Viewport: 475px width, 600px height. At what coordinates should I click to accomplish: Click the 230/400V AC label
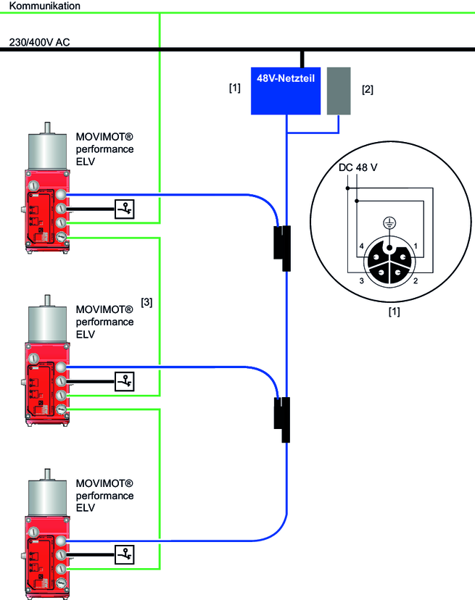pyautogui.click(x=40, y=41)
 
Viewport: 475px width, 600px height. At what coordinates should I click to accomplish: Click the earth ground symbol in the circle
pyautogui.click(x=389, y=225)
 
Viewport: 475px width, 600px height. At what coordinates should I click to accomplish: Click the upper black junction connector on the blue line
pyautogui.click(x=283, y=242)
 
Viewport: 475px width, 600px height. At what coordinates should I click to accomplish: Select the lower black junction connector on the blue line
pyautogui.click(x=283, y=418)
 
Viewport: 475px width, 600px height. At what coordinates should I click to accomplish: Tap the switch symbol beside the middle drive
pyautogui.click(x=125, y=380)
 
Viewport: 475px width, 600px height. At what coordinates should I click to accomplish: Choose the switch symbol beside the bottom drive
pyautogui.click(x=125, y=555)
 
